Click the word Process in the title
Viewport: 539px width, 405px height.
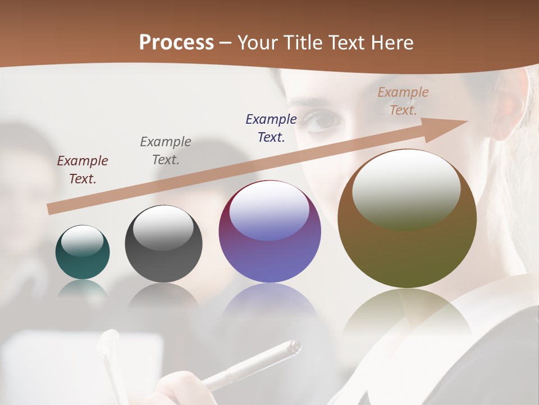point(176,43)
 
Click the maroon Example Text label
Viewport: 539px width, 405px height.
point(83,170)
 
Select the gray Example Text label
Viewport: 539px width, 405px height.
point(166,151)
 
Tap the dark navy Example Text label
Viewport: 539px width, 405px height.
point(271,128)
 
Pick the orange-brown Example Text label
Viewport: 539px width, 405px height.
point(403,101)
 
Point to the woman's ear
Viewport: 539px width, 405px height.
point(508,110)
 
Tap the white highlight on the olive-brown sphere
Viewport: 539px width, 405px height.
point(406,189)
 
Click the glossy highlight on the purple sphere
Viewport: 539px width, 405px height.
point(269,211)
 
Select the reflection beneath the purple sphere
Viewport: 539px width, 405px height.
point(269,307)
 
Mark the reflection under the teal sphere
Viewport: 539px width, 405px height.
point(83,288)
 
